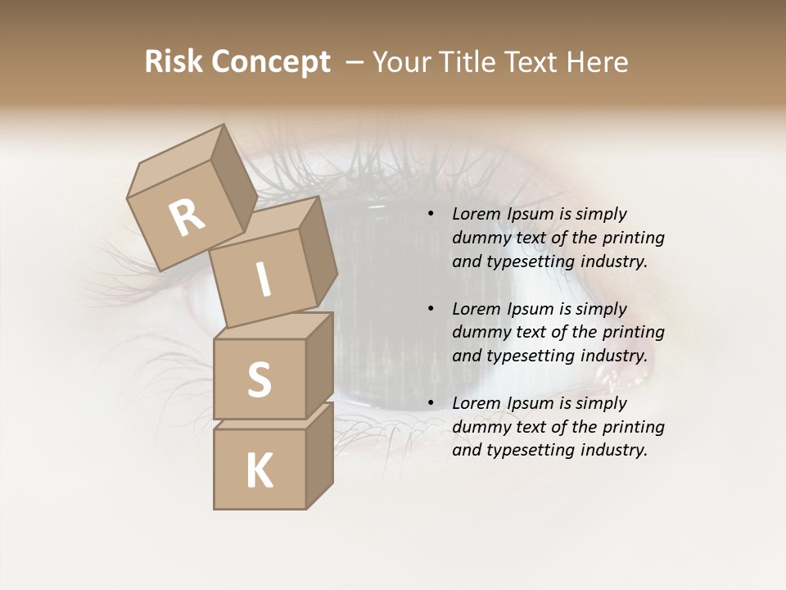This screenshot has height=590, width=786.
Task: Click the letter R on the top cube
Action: coord(187,217)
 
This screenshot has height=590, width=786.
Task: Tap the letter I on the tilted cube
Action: coord(263,279)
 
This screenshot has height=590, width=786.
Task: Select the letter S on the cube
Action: coord(259,379)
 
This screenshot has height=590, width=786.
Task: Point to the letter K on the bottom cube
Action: coord(259,471)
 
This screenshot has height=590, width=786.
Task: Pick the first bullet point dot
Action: coord(430,215)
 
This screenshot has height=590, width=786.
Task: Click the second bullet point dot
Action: coord(430,310)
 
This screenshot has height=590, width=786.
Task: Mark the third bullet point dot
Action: coord(430,404)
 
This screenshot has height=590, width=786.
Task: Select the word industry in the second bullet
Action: coord(614,356)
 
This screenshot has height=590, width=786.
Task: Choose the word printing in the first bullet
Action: coord(634,238)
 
